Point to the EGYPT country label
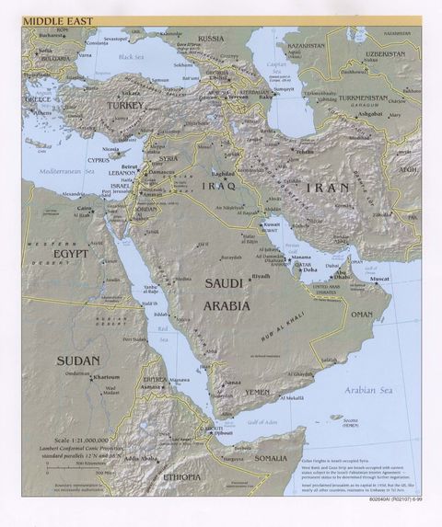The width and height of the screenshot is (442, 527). click(70, 253)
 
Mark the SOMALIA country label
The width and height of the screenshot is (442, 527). click(271, 457)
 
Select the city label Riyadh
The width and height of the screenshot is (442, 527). click(261, 276)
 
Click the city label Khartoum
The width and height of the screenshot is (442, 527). click(105, 377)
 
